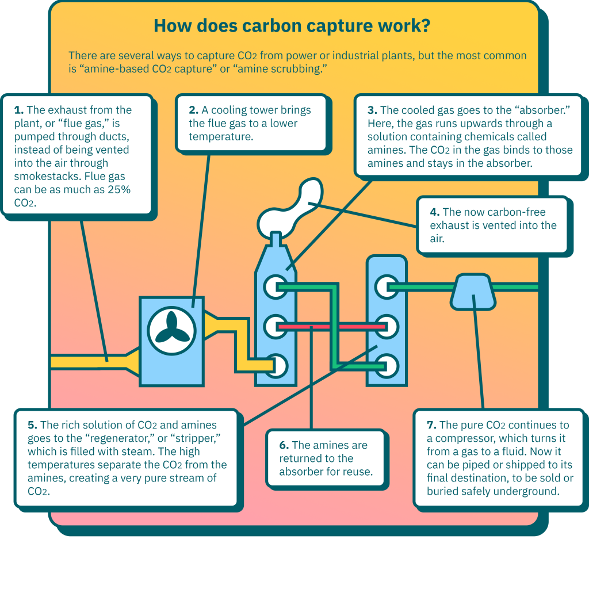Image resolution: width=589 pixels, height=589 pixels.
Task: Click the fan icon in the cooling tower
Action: tap(171, 331)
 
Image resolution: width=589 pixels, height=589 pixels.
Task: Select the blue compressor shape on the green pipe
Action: tap(473, 292)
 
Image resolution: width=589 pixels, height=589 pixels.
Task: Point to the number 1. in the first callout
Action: tap(19, 110)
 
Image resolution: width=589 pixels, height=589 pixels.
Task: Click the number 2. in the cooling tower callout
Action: tap(193, 110)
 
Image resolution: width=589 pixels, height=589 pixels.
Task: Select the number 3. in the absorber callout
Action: tap(372, 110)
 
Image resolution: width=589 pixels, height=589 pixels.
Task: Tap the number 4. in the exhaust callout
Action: tap(435, 212)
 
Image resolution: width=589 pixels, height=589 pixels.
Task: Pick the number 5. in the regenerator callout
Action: tap(32, 425)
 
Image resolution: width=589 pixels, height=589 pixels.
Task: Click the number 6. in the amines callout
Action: tap(284, 446)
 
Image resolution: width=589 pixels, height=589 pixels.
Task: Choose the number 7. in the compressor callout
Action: tap(431, 425)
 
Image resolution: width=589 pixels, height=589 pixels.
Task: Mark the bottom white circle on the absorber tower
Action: tap(276, 366)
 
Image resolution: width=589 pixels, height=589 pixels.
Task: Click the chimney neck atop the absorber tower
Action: tap(276, 239)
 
